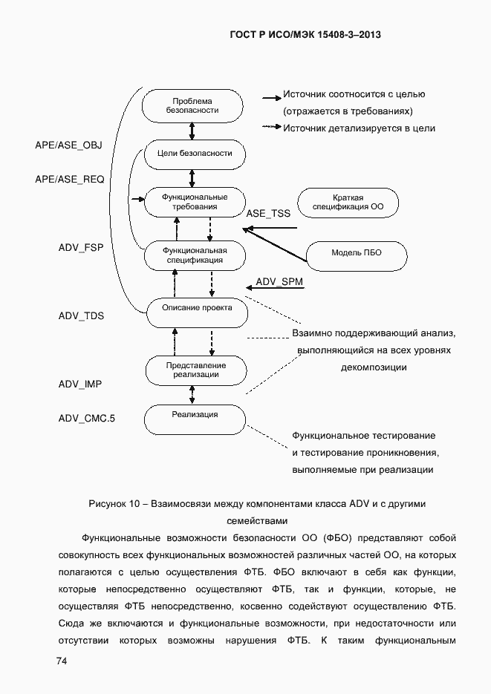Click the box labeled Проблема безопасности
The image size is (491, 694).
click(192, 105)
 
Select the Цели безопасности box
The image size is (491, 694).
click(195, 154)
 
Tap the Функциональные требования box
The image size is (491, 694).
click(195, 202)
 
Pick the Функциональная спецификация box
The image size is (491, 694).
click(194, 255)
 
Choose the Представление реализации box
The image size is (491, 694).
click(195, 370)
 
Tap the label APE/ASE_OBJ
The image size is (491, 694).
click(68, 145)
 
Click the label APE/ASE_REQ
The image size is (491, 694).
click(69, 179)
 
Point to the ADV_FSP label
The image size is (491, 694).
click(80, 247)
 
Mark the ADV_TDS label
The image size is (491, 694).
click(81, 315)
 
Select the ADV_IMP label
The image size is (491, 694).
click(80, 384)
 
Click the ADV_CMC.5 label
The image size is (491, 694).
click(87, 418)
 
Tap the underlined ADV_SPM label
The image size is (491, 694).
click(279, 282)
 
